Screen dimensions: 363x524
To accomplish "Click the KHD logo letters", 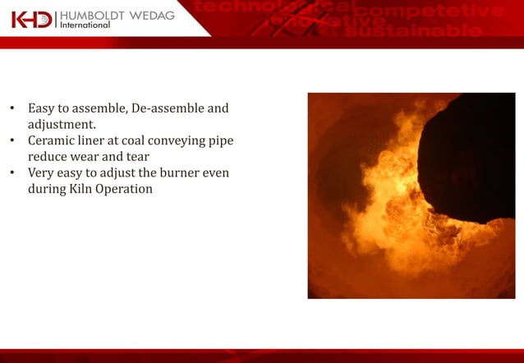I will (31, 18).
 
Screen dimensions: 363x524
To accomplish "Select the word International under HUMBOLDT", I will (85, 25).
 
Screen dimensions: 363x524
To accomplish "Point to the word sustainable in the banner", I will (413, 32).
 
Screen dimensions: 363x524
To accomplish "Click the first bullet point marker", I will (12, 108).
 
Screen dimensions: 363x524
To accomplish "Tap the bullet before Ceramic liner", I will (12, 140).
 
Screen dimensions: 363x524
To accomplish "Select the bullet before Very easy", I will (12, 173).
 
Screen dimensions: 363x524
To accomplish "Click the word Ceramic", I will (52, 140).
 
